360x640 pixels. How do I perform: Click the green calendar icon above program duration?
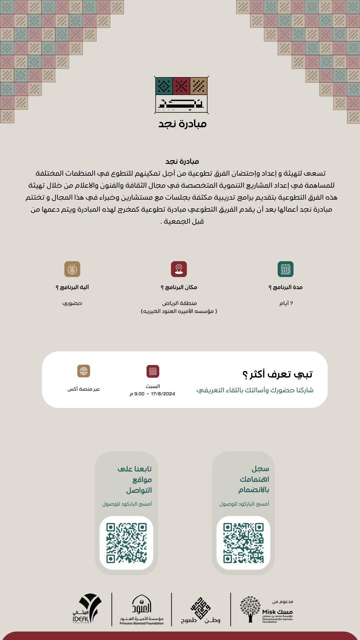285,269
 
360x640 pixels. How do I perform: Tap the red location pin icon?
179,269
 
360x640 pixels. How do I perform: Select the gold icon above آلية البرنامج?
72,269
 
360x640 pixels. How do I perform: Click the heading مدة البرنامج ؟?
286,287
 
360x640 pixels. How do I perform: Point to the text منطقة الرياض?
179,303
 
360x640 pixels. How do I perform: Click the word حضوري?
72,303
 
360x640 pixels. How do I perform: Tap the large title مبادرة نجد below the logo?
182,124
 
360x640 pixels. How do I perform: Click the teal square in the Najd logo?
164,86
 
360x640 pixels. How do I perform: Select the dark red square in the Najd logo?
181,86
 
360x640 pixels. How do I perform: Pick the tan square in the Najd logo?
199,86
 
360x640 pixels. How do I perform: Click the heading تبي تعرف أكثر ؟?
277,374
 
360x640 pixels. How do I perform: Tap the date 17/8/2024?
163,394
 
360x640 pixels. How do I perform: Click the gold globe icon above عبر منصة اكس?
84,371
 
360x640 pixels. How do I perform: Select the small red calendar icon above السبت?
153,371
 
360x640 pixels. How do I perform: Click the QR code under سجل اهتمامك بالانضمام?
243,543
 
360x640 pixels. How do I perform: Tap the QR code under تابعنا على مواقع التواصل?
126,543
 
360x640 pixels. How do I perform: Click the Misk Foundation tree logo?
250,609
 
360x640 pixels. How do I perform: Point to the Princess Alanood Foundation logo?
142,609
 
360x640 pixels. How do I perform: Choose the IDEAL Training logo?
87,609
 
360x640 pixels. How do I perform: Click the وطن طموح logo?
201,610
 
